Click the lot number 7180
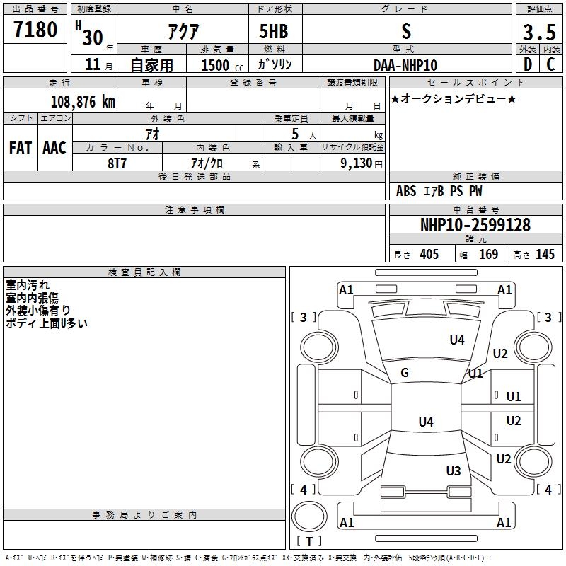tap(35, 29)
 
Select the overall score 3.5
tap(539, 32)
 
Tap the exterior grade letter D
tap(528, 64)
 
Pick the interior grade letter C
tap(550, 64)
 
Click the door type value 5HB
tap(274, 31)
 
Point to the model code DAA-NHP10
tap(405, 65)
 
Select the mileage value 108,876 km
tap(83, 102)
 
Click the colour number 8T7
tap(117, 163)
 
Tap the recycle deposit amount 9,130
tap(357, 163)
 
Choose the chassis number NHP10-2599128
tap(475, 225)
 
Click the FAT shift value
tap(21, 148)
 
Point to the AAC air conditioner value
tap(54, 148)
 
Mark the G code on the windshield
tap(405, 373)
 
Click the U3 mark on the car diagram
tap(454, 470)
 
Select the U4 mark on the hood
tap(457, 340)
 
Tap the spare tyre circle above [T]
tap(309, 516)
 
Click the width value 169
tap(488, 254)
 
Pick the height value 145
tap(545, 254)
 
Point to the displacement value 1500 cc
tap(222, 65)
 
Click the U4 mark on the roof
tap(426, 422)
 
